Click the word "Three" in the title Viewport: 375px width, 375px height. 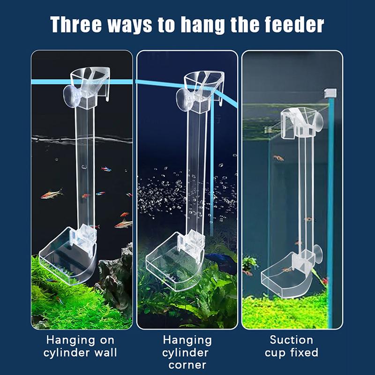point(76,25)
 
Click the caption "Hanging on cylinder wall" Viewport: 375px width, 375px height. point(80,346)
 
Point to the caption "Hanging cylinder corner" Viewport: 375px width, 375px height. point(187,352)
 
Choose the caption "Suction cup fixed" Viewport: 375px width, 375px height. point(292,346)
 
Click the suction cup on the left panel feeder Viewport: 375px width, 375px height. point(72,96)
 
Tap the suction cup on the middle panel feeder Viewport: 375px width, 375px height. point(185,99)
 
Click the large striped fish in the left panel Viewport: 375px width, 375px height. point(52,194)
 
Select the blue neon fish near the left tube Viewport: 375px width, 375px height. point(106,169)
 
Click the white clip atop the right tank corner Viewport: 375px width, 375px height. point(330,93)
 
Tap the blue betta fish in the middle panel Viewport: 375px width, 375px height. point(217,257)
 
